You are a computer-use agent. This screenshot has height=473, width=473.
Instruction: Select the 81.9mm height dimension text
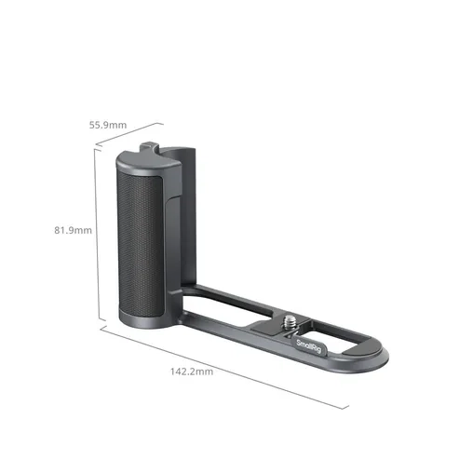(x=73, y=230)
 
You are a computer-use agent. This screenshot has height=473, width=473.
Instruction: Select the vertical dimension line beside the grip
(x=96, y=237)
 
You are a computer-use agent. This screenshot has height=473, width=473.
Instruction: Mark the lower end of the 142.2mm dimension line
(x=348, y=407)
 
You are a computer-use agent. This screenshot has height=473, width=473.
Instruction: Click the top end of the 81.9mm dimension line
(x=96, y=152)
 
